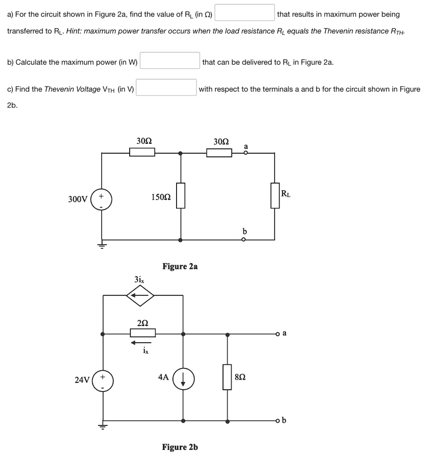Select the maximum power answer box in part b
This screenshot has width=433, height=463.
click(170, 61)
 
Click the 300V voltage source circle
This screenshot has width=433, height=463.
click(101, 199)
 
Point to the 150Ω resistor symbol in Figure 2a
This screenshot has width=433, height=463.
click(181, 196)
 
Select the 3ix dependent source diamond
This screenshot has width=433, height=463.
click(140, 296)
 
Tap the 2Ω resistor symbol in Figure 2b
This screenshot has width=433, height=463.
click(143, 333)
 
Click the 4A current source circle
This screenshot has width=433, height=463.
click(183, 378)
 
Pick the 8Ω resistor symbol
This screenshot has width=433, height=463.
click(227, 377)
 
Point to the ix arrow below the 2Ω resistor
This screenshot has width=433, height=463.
click(141, 342)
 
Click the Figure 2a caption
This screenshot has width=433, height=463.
click(180, 266)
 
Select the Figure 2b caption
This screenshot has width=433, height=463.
click(180, 447)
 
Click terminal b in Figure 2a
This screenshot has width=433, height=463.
click(244, 239)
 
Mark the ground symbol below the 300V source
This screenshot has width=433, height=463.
click(101, 246)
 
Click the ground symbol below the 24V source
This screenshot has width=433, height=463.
click(102, 427)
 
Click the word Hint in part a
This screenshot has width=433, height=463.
click(74, 31)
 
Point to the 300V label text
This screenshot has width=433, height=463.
click(78, 199)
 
